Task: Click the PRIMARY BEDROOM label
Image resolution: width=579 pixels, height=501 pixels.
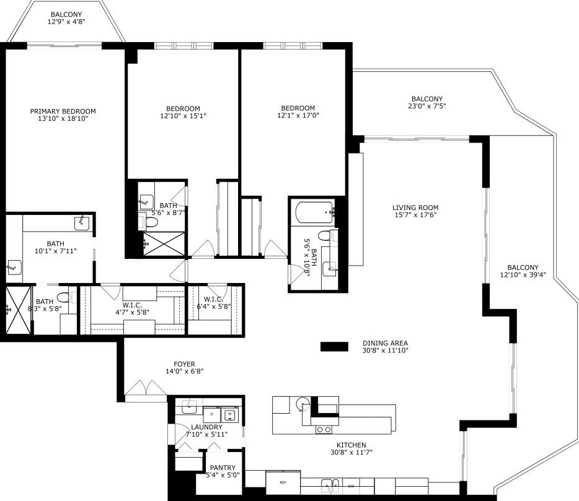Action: click(63, 111)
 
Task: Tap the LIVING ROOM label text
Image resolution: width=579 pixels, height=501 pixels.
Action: click(415, 207)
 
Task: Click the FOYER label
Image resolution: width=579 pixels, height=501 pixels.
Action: click(184, 364)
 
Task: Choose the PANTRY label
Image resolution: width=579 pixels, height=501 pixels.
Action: click(222, 468)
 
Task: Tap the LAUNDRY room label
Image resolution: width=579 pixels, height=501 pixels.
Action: click(206, 427)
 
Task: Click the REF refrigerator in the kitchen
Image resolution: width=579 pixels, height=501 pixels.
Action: click(283, 481)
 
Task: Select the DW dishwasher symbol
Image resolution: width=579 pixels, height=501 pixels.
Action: click(351, 486)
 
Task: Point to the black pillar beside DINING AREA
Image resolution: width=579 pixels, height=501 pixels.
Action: click(334, 347)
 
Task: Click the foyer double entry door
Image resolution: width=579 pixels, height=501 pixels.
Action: click(146, 388)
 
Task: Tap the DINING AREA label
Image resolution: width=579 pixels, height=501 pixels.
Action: click(385, 343)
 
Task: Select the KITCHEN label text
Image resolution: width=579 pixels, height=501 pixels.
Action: click(351, 445)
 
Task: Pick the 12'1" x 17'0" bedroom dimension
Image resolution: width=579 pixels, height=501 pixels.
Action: click(298, 115)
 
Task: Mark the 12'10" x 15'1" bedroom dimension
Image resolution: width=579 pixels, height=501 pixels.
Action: click(183, 116)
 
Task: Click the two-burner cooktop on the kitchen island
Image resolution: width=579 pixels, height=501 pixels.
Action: click(323, 429)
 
